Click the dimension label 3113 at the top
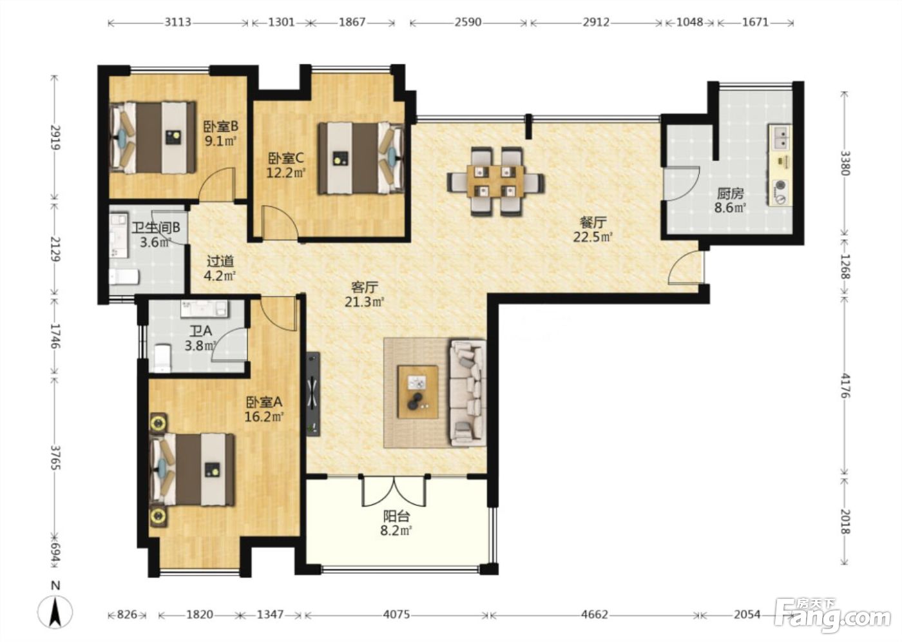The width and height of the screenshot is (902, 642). tap(178, 22)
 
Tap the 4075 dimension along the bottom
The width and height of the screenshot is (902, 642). tap(396, 614)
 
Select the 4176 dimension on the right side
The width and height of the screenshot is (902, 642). tap(845, 386)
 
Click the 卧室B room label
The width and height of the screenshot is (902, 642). tap(220, 127)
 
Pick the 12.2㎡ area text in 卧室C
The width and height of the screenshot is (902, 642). tap(286, 173)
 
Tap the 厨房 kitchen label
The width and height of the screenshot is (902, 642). tap(730, 194)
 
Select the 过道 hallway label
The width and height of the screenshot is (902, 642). tap(220, 262)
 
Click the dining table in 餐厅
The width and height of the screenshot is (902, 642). tap(495, 182)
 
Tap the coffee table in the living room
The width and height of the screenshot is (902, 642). tap(417, 391)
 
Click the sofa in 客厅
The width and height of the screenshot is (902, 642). tap(468, 393)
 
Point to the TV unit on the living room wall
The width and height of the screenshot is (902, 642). tap(313, 394)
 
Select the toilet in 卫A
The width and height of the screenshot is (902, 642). tap(162, 357)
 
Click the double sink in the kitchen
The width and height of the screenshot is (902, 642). tap(781, 137)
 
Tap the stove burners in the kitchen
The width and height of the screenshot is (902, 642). tap(780, 193)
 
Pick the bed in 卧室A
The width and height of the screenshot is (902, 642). tap(192, 469)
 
